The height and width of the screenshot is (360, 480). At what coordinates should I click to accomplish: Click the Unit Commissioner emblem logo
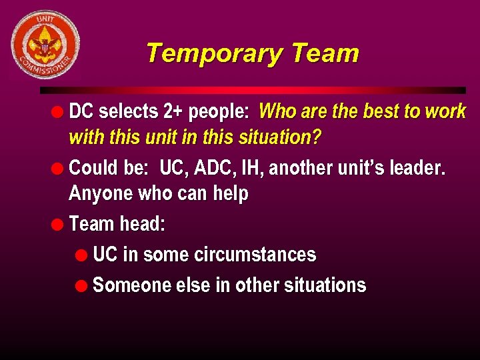click(x=45, y=45)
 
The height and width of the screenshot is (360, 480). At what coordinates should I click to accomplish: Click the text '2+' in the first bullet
click(x=173, y=111)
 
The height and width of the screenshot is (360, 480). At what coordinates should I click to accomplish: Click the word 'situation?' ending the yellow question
click(x=283, y=138)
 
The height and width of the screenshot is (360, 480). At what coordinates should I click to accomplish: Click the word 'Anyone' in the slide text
click(x=101, y=194)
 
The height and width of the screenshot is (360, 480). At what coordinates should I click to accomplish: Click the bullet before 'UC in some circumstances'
click(x=81, y=255)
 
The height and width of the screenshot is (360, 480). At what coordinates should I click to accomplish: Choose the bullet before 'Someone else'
click(x=81, y=285)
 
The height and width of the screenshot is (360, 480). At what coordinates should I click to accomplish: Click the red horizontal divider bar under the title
click(x=253, y=89)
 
